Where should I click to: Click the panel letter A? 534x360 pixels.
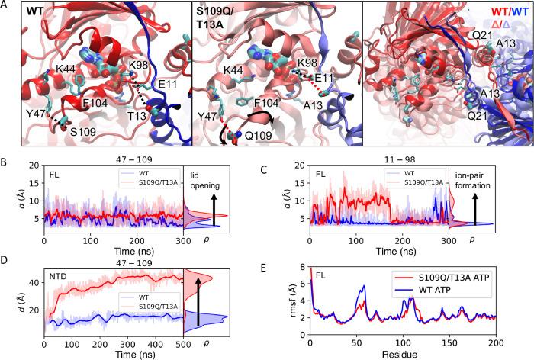(5, 7)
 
